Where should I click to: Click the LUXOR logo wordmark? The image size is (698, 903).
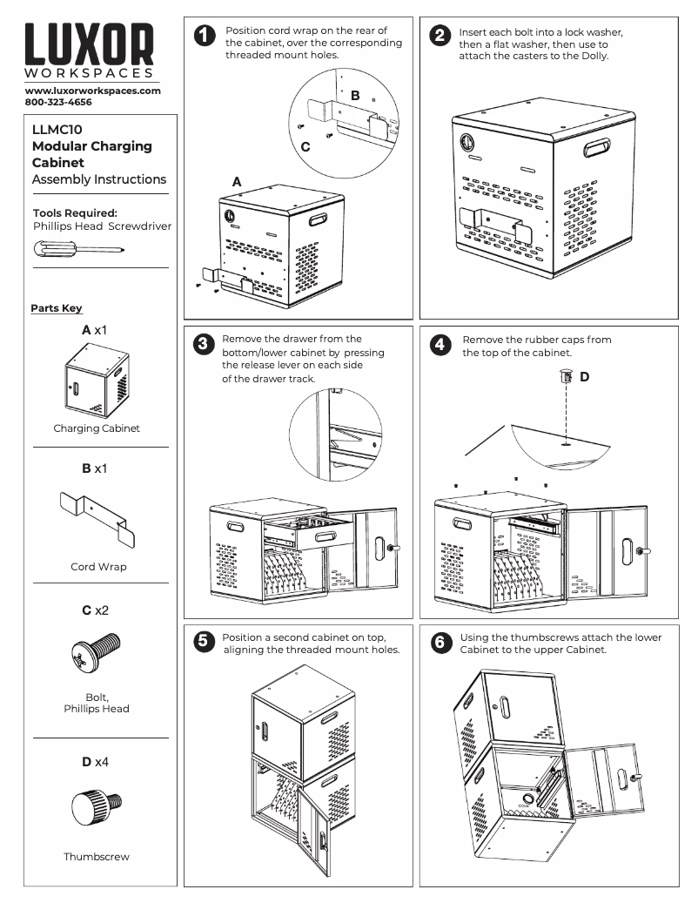(x=90, y=45)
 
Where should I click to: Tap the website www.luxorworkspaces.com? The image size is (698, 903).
(x=93, y=91)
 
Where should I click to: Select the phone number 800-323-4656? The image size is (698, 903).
(x=58, y=102)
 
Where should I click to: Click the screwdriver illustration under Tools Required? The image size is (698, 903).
(x=78, y=249)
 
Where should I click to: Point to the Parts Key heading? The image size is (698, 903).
(x=57, y=308)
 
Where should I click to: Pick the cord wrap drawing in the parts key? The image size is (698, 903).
(x=98, y=520)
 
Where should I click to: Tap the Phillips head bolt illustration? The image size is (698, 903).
(x=94, y=653)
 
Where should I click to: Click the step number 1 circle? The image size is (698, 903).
(x=203, y=37)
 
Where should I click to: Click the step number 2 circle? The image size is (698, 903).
(x=441, y=37)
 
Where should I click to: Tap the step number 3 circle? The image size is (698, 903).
(x=203, y=344)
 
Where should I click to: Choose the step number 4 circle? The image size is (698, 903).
(x=441, y=344)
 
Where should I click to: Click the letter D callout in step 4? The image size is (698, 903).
(x=584, y=377)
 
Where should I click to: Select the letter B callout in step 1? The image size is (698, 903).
(x=355, y=95)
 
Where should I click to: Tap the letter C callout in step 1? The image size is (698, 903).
(x=305, y=147)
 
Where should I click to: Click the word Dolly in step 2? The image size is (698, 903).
(x=593, y=56)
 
